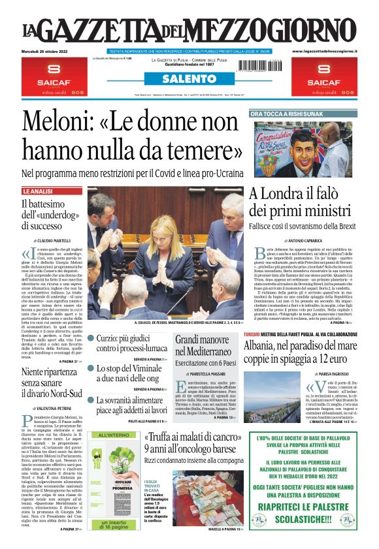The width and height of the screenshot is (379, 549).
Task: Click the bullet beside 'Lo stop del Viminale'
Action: tap(91, 369)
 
